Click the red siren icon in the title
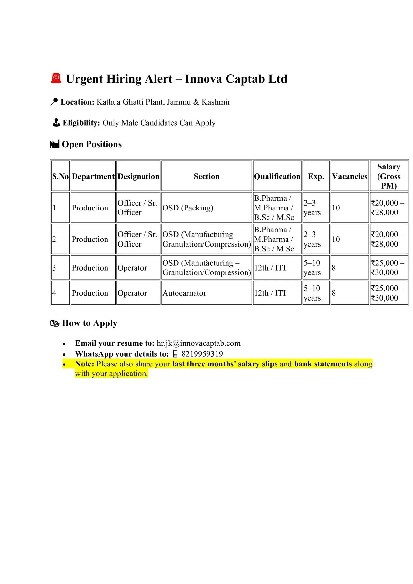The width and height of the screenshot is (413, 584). pyautogui.click(x=56, y=78)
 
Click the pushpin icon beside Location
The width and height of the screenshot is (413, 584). pyautogui.click(x=54, y=102)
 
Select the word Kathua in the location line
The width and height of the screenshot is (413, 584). pyautogui.click(x=108, y=102)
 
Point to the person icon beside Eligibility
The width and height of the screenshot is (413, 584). pyautogui.click(x=56, y=123)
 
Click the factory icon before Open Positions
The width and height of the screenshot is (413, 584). pyautogui.click(x=55, y=144)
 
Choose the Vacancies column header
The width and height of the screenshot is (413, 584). pyautogui.click(x=349, y=176)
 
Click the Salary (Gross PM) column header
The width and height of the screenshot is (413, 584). pyautogui.click(x=389, y=176)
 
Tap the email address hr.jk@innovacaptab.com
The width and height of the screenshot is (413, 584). pyautogui.click(x=198, y=343)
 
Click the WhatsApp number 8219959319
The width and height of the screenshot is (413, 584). pyautogui.click(x=202, y=354)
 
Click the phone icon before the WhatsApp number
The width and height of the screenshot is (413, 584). pyautogui.click(x=175, y=354)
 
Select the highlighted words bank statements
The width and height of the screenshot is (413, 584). pyautogui.click(x=323, y=364)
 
